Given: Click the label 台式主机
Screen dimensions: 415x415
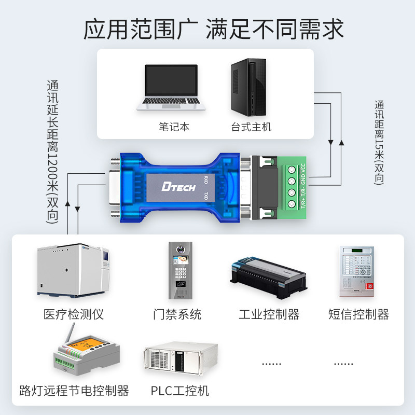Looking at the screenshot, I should [x=252, y=127].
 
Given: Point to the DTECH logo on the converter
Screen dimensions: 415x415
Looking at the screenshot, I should [x=178, y=186].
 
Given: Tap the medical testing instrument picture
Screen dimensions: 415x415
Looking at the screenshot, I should [x=74, y=271].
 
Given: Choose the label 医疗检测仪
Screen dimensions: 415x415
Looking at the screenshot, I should [x=74, y=314].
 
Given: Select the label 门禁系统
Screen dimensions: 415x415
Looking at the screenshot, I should [x=177, y=314].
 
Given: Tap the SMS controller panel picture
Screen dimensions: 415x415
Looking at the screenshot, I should [x=356, y=271].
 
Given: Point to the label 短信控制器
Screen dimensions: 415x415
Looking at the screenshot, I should [x=358, y=314].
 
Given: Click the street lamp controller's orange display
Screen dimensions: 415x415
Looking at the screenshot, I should [x=81, y=344].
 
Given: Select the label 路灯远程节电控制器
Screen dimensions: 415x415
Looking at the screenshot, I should [x=74, y=390].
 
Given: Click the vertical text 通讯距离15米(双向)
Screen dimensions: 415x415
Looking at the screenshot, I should [x=379, y=143].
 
